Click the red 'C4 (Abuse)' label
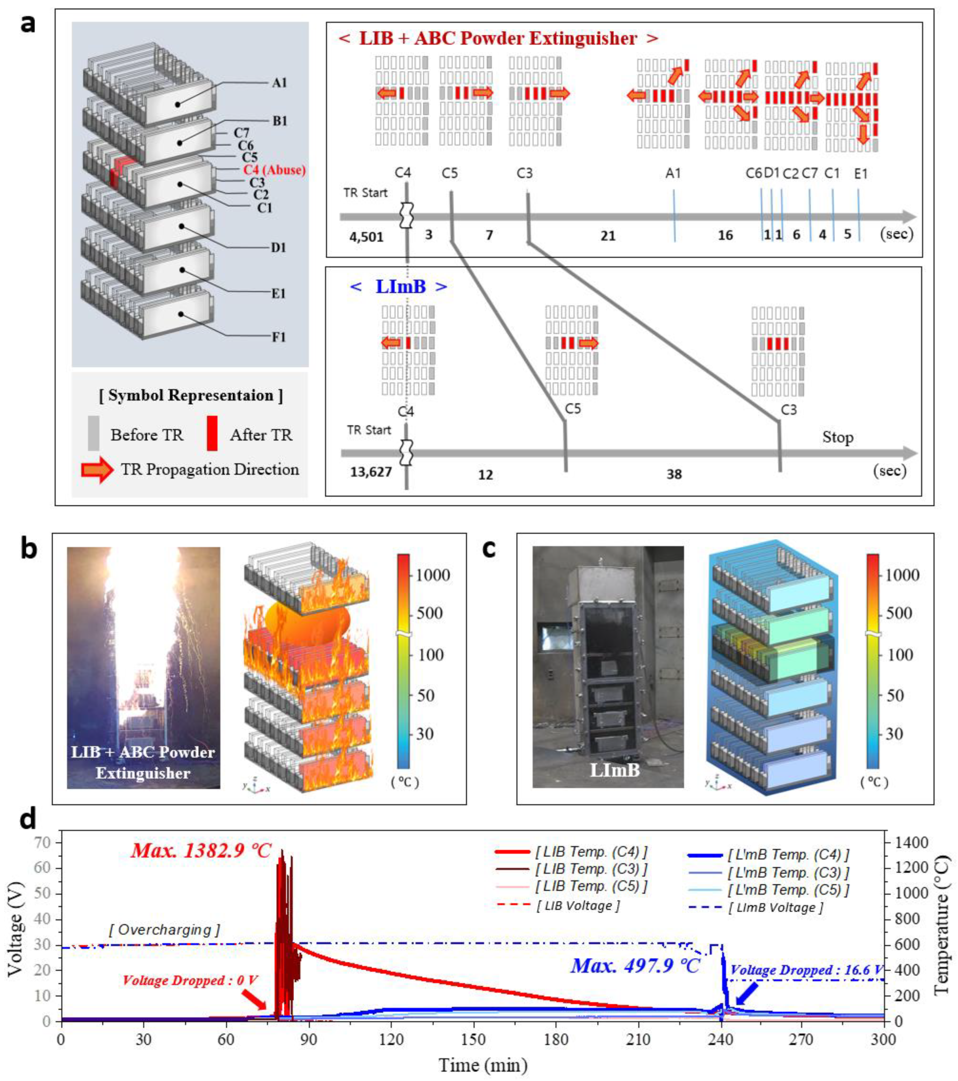(274, 170)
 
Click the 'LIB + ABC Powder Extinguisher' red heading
(498, 39)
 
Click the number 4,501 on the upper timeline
(366, 236)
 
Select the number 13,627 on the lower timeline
(371, 471)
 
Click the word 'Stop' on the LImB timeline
(837, 438)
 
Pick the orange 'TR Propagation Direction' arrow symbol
(97, 470)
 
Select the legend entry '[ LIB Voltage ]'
(578, 905)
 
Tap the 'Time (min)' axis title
(483, 1064)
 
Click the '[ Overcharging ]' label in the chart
(164, 929)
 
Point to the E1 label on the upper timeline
(861, 174)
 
